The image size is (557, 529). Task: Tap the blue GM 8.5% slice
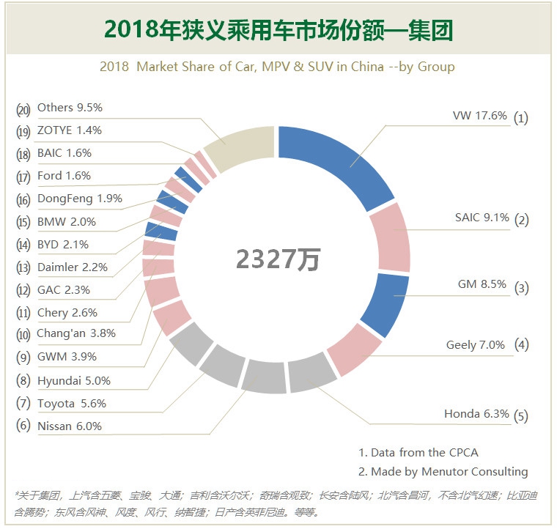(385, 304)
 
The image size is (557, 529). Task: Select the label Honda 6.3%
(476, 414)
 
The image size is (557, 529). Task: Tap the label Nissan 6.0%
(70, 426)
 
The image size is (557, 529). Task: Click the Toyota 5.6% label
(71, 403)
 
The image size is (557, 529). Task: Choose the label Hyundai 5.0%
(73, 380)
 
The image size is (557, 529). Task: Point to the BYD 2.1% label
(62, 244)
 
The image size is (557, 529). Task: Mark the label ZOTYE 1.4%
(69, 130)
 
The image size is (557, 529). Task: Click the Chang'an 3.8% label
(76, 334)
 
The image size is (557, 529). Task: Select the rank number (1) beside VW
(521, 117)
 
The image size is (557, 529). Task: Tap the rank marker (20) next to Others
(23, 108)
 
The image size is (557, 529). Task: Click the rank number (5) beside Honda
(521, 415)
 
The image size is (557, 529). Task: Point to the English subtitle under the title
(277, 67)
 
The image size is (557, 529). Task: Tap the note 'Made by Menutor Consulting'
(443, 472)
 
